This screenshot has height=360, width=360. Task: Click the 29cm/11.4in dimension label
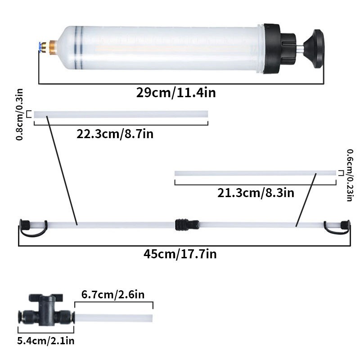coord(176,93)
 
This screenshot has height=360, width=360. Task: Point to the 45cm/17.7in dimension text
coord(180,254)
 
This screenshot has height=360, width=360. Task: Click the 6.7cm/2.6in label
coord(113,295)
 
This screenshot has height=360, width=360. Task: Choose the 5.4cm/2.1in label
coord(45,341)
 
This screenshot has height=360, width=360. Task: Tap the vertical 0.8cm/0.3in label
coord(20,114)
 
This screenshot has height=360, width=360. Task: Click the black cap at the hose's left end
coord(26,224)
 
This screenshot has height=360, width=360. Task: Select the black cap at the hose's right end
coord(344,224)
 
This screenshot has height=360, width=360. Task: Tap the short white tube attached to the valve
coord(113,318)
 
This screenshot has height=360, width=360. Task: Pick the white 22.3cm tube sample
coord(121,114)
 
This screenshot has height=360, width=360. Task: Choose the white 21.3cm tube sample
coord(255,173)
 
